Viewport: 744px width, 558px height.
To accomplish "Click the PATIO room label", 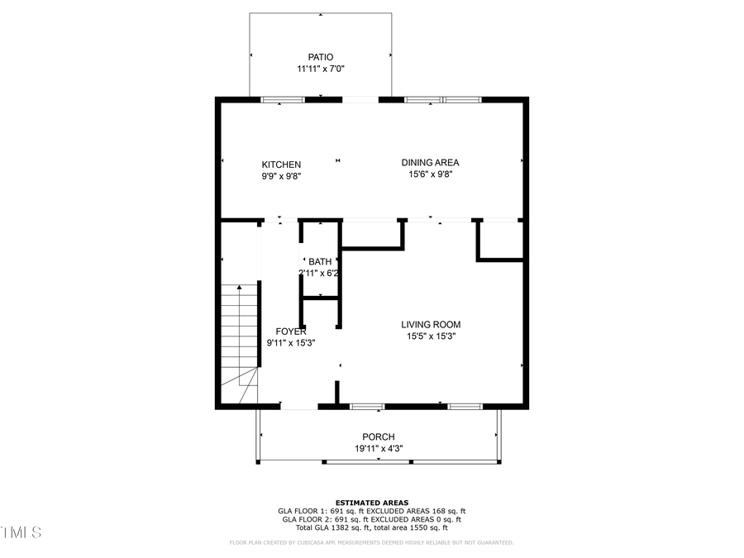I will click(x=321, y=57).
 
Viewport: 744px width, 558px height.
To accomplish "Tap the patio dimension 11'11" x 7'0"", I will click(x=321, y=69).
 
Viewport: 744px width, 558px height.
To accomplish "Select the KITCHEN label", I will click(x=281, y=165).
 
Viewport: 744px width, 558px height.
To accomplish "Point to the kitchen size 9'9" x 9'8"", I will click(x=281, y=176).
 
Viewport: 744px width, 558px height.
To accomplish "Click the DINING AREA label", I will click(x=430, y=163).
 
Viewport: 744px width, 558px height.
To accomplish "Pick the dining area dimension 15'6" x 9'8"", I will click(x=430, y=174).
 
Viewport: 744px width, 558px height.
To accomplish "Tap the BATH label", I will click(x=320, y=261).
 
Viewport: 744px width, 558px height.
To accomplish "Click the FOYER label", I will click(x=291, y=331).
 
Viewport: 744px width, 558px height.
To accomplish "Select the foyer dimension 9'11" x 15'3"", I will click(x=291, y=343).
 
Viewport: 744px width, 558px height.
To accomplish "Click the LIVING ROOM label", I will click(x=431, y=325).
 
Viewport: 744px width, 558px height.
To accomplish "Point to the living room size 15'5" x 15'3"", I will click(x=431, y=336).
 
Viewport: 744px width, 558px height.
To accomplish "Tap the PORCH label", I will click(x=379, y=437).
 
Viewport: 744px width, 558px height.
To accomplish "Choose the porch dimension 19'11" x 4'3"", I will click(x=379, y=449).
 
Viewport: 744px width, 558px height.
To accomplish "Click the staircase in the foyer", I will click(x=241, y=339).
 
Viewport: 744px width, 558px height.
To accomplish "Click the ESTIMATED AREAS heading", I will click(x=371, y=503).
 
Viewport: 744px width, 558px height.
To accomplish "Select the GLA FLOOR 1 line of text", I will click(x=371, y=511).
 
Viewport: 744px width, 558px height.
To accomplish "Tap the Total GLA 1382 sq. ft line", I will click(x=371, y=527).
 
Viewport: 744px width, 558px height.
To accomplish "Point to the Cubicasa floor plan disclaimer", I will click(x=371, y=543).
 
